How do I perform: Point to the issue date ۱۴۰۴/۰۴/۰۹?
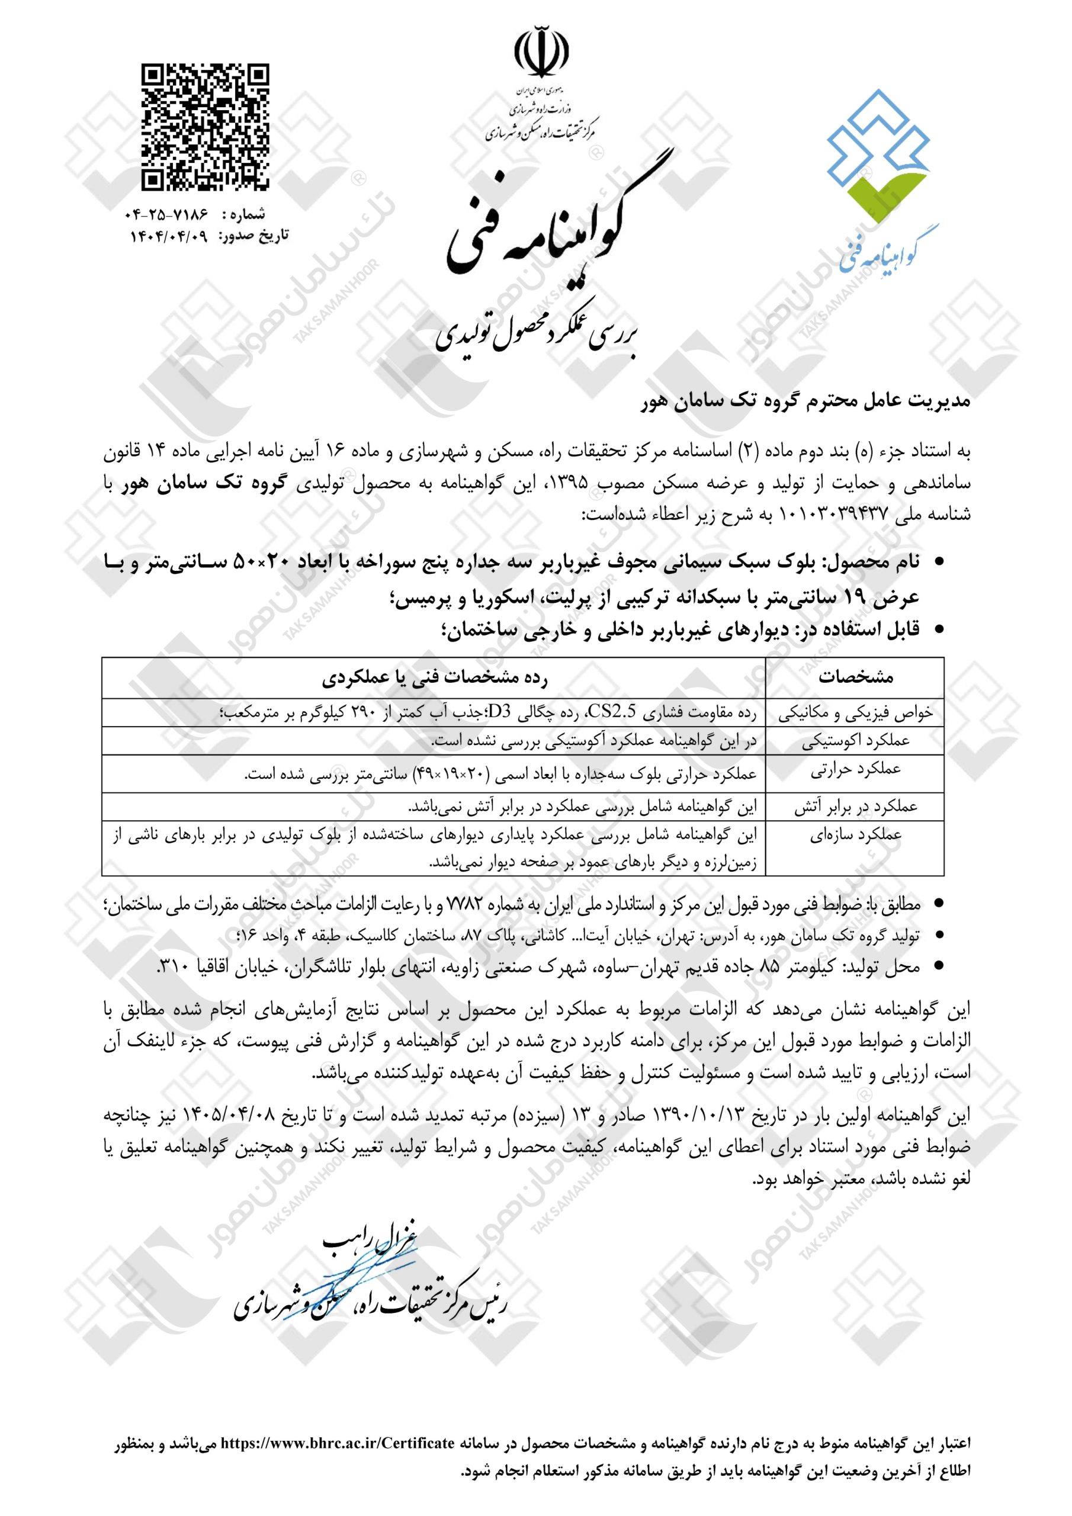coord(168,236)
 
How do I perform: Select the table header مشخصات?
coord(855,677)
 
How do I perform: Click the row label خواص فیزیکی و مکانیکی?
coord(855,714)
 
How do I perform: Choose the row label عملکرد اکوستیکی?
coord(855,741)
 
